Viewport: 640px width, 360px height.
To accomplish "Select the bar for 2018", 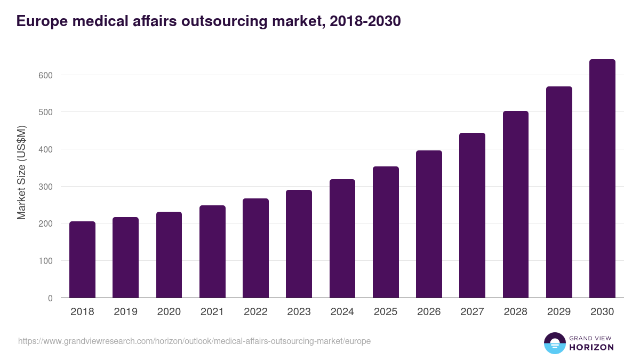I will click(82, 260).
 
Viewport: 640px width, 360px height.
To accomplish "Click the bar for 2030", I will click(602, 179).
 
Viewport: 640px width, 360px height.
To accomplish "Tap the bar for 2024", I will click(342, 238).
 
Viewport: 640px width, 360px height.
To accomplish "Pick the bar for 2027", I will click(472, 215).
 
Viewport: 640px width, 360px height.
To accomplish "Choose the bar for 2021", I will click(212, 252).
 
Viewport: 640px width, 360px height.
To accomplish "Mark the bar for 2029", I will click(559, 192).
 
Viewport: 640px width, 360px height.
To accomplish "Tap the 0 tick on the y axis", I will click(50, 298).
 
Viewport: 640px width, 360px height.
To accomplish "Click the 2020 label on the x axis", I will click(169, 312).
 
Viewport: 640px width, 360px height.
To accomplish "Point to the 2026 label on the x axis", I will click(429, 312).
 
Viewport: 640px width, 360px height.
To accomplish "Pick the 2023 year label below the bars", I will click(299, 312).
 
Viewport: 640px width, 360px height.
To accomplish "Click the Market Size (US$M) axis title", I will click(21, 172).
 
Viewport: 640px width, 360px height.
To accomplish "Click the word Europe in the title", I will click(41, 21).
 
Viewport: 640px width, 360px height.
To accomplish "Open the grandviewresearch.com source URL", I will click(194, 341).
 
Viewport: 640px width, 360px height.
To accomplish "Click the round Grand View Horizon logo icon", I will click(554, 343).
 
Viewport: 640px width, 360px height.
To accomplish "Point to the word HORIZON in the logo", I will click(591, 347).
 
